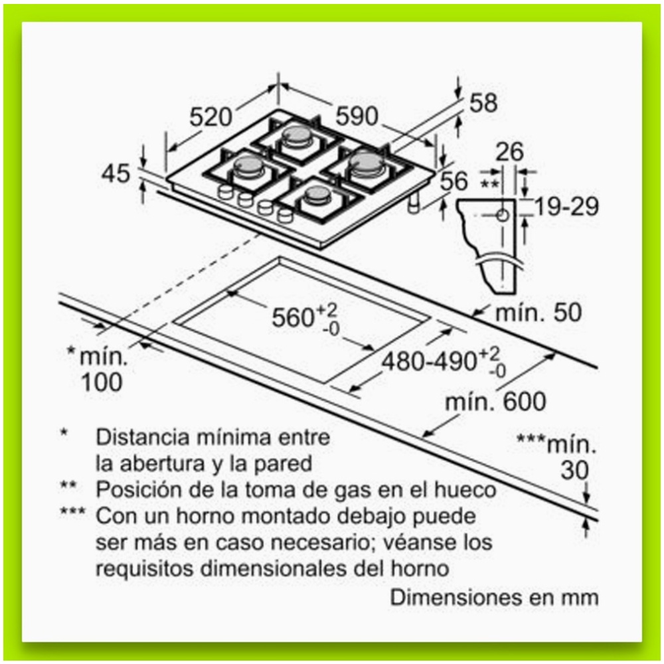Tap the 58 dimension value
[x=483, y=103]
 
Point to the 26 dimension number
[x=510, y=152]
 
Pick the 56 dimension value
[x=454, y=180]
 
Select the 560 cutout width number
[x=292, y=317]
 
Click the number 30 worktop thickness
[x=574, y=470]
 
